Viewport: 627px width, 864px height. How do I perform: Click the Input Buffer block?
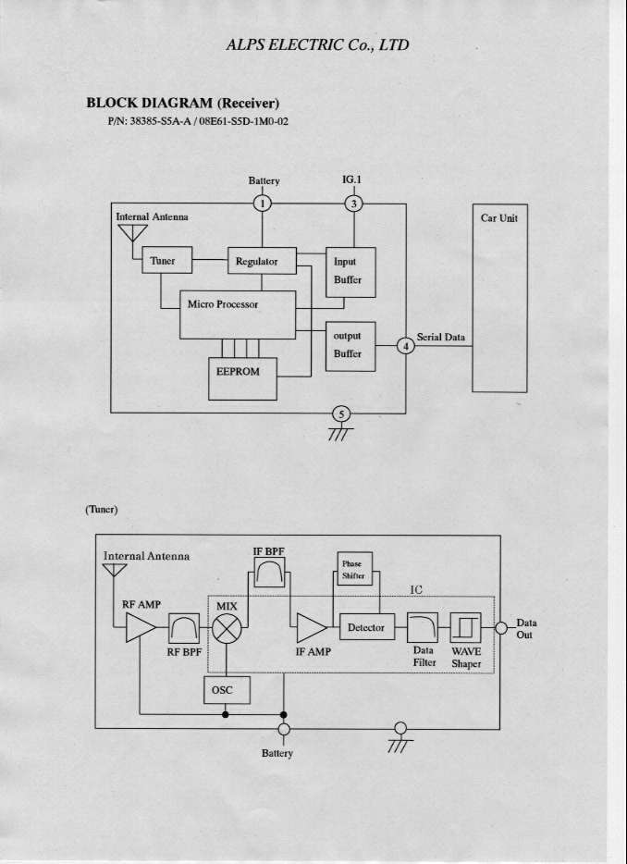350,272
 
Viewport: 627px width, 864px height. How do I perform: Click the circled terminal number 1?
264,204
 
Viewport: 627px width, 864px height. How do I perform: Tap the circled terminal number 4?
405,346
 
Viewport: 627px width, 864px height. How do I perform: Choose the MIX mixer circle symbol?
227,630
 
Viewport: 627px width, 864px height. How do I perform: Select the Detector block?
367,628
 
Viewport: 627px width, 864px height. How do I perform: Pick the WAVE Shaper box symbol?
465,628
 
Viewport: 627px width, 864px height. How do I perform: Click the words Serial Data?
441,338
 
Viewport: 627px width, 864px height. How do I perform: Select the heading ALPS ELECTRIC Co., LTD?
317,44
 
